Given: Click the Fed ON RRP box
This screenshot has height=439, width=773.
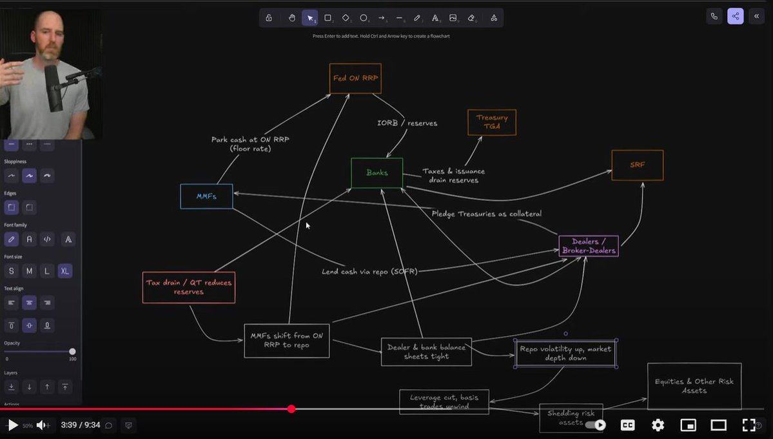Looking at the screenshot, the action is coord(355,78).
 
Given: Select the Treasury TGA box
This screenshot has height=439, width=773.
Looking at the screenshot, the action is coord(491,122).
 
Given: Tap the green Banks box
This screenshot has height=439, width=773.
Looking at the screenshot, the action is coord(377,173).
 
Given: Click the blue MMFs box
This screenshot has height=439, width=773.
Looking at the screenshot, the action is coord(206,196).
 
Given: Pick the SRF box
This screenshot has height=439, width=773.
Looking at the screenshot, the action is coord(637,165).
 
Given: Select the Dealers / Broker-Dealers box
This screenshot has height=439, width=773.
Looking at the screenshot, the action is coord(588,246).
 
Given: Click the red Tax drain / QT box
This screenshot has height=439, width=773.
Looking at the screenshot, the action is coord(188,287).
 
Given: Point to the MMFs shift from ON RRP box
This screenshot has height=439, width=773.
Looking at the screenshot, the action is coord(286,340).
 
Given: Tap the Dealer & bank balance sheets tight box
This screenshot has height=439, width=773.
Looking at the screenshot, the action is coord(426,352).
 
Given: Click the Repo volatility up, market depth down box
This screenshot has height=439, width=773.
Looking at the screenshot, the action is coord(565,353).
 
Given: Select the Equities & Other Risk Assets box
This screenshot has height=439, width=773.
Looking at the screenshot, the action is coord(694,386).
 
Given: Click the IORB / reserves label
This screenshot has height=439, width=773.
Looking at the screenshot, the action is coord(407,123).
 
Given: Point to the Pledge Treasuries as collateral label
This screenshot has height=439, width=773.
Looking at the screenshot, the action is coord(486,214).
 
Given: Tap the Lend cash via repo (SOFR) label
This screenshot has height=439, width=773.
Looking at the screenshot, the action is coord(369,272).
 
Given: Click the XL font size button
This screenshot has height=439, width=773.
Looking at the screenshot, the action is coord(65,271).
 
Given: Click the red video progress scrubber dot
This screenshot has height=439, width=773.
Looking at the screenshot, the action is coord(291,409).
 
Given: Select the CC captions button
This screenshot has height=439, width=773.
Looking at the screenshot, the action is coord(627,425).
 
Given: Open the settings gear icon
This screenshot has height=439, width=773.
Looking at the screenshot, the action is coord(658,425).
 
